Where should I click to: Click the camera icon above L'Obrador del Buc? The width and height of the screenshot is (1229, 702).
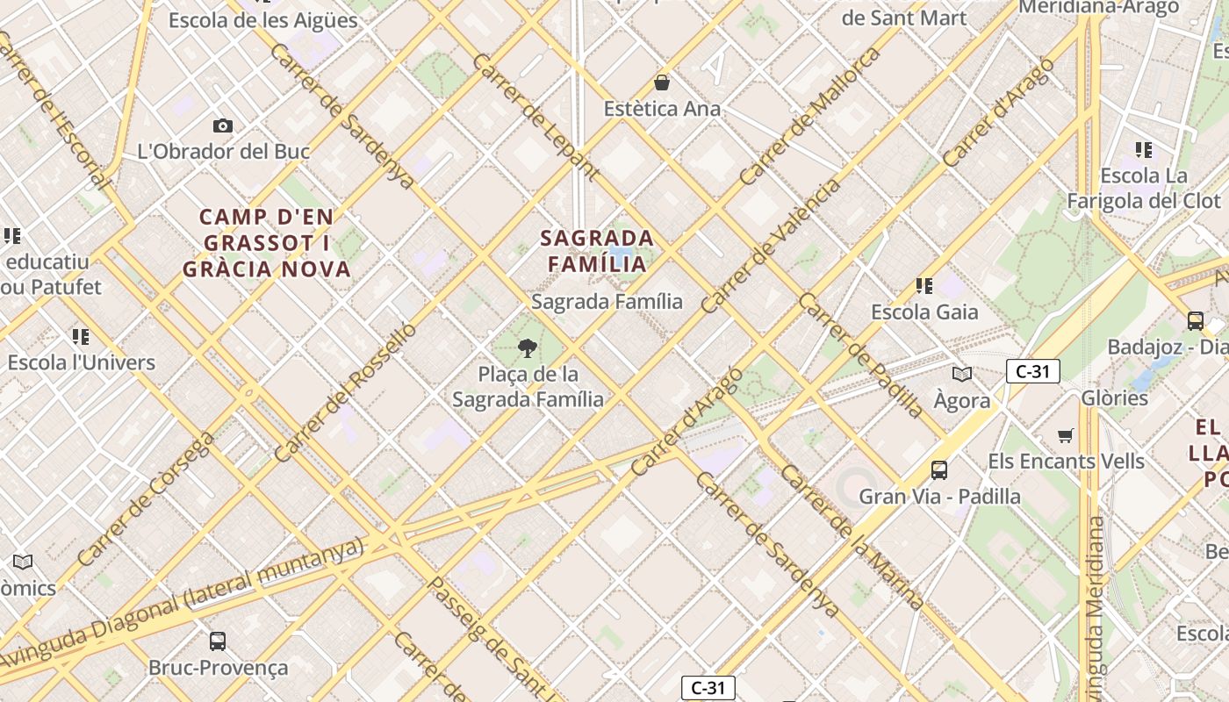tap(223, 125)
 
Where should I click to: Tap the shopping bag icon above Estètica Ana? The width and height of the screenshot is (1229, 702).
tap(662, 82)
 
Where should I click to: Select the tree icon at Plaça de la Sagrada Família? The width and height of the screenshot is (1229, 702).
tap(528, 348)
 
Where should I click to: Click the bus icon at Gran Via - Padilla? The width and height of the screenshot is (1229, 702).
tap(939, 470)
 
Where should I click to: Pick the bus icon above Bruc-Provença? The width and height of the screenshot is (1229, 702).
tap(218, 641)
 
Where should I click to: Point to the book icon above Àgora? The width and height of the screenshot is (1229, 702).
tap(962, 375)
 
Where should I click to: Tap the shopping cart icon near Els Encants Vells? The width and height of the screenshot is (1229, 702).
tap(1066, 435)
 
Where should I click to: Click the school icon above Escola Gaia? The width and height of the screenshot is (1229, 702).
tap(924, 286)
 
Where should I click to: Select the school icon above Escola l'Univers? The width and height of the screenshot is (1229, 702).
tap(81, 337)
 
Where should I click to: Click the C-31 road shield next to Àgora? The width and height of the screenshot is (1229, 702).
tap(1032, 371)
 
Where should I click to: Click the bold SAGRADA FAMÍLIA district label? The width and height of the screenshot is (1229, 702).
tap(597, 251)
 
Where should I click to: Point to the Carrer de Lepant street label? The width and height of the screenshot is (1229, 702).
tap(535, 117)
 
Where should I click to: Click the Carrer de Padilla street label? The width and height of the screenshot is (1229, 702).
tap(860, 355)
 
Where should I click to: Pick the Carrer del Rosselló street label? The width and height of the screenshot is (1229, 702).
tap(345, 392)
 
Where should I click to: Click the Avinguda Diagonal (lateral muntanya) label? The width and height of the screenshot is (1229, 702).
tap(184, 604)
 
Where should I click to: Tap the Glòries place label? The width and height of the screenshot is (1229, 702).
tap(1114, 398)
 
